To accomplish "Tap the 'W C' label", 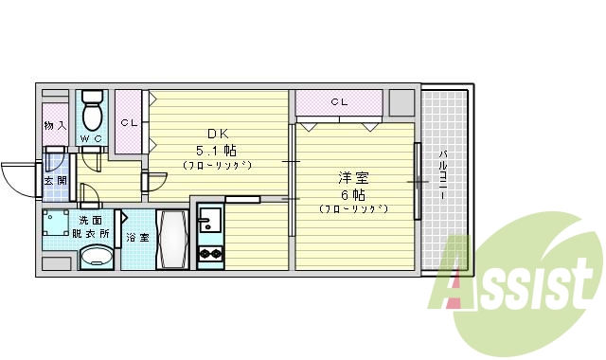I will [x=92, y=139].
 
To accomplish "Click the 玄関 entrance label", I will [x=55, y=181].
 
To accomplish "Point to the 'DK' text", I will [x=216, y=133].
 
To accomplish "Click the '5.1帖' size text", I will [x=216, y=150].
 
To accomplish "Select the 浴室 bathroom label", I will [x=137, y=238].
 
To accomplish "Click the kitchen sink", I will [x=208, y=225].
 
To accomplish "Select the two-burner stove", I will [x=208, y=253].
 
